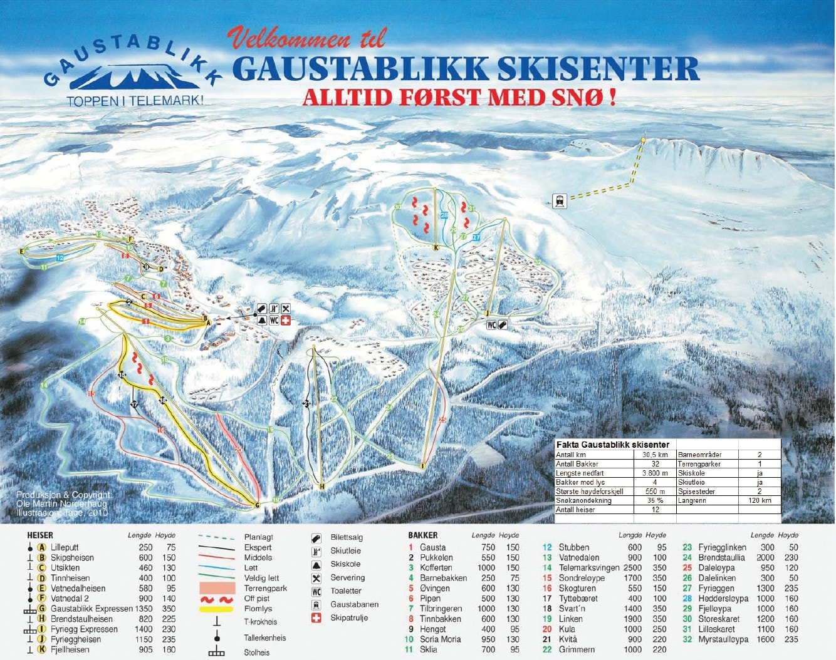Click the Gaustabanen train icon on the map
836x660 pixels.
pyautogui.click(x=559, y=201)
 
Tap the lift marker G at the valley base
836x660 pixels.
pyautogui.click(x=257, y=505)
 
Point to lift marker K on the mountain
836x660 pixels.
pyautogui.click(x=434, y=248)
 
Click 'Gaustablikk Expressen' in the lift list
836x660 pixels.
pyautogui.click(x=92, y=609)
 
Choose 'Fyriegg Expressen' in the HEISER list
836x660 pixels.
pyautogui.click(x=84, y=629)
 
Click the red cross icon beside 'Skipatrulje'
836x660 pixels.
pyautogui.click(x=316, y=618)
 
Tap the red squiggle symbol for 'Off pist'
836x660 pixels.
pyautogui.click(x=216, y=599)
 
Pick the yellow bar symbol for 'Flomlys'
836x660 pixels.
pyautogui.click(x=216, y=609)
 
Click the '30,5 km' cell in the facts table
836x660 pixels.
pyautogui.click(x=654, y=455)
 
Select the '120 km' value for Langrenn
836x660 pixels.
pyautogui.click(x=760, y=500)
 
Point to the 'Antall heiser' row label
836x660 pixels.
pyautogui.click(x=576, y=510)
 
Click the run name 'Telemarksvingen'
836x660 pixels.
pyautogui.click(x=588, y=568)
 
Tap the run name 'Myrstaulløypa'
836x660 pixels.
pyautogui.click(x=723, y=639)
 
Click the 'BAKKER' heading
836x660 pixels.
pyautogui.click(x=423, y=535)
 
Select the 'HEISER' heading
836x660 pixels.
pyautogui.click(x=40, y=535)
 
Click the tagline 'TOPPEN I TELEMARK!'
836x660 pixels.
pyautogui.click(x=135, y=100)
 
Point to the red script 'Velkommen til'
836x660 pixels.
pyautogui.click(x=306, y=39)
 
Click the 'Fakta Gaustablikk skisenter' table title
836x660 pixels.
pyautogui.click(x=613, y=445)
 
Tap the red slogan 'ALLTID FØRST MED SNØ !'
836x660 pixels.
pyautogui.click(x=459, y=98)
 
